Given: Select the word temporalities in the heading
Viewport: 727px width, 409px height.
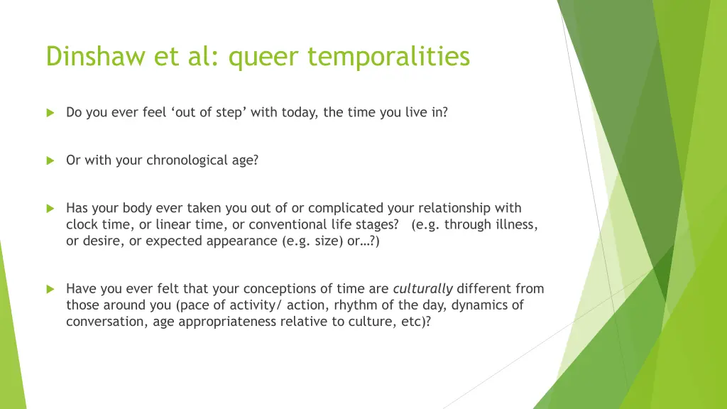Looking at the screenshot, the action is click(388, 56).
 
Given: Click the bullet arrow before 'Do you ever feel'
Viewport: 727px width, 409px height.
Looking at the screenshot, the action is click(50, 113).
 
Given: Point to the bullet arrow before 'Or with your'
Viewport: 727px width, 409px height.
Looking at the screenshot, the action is click(50, 161).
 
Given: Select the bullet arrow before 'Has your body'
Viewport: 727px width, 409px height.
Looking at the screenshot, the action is click(50, 209).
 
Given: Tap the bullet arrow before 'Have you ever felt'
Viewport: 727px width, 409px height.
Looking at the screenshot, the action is click(50, 290).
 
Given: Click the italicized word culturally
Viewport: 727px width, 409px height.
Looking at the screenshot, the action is click(423, 289).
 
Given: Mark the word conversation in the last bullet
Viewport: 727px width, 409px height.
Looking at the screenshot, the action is click(105, 322).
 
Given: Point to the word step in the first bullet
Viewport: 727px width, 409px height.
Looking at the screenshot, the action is click(229, 113).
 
